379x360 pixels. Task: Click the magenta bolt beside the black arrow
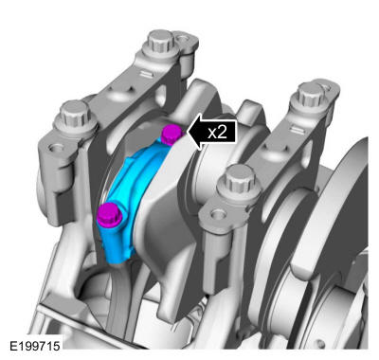coord(171,135)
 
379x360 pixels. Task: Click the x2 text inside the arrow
coord(217,132)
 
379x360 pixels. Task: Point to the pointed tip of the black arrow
coord(188,132)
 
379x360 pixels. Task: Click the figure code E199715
coord(35,346)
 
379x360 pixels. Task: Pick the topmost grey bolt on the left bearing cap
coord(161,43)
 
